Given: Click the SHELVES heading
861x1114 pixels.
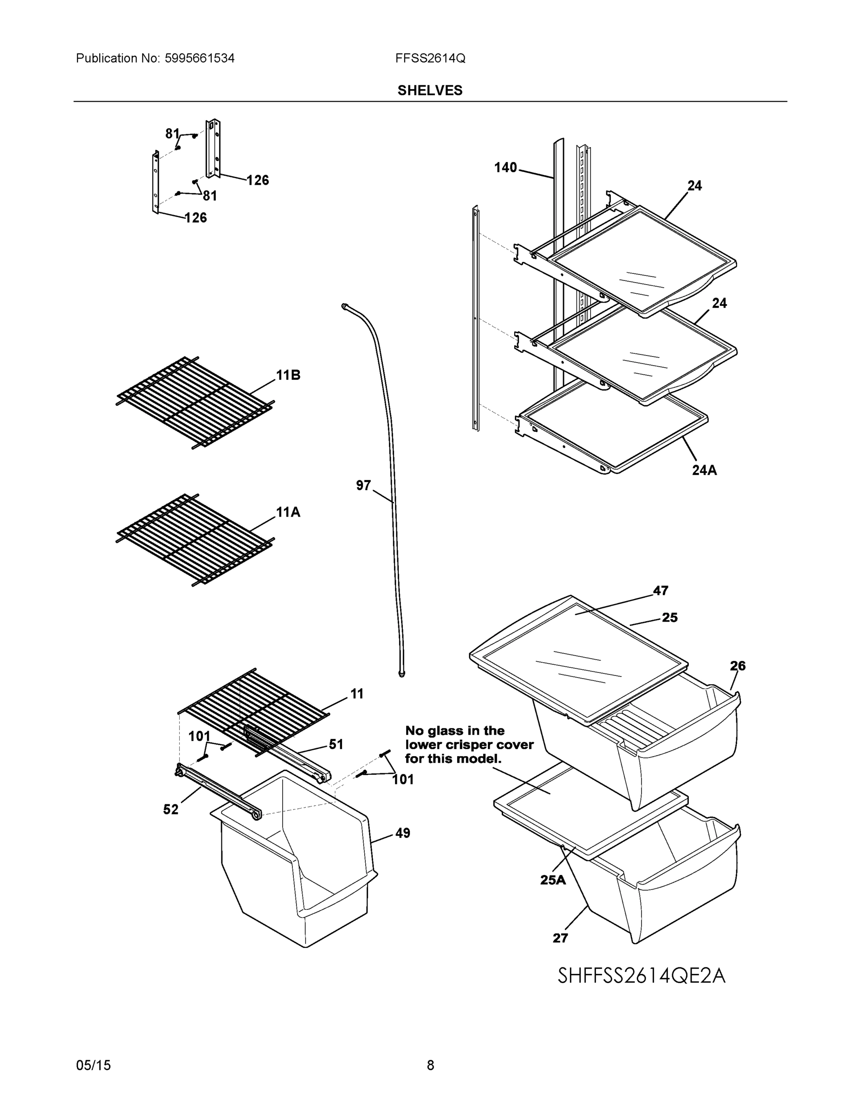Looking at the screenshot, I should click(429, 91).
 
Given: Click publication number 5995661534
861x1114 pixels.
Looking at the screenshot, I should click(200, 58).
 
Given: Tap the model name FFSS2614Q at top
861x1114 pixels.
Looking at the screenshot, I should click(429, 58).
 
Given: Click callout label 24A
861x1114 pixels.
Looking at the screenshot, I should click(704, 470).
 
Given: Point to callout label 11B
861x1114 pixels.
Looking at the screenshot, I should click(288, 376).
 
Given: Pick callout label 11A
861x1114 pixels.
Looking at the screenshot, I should click(288, 512).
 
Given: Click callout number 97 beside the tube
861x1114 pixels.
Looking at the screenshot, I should click(363, 486).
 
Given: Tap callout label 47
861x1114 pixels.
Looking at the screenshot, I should click(660, 591).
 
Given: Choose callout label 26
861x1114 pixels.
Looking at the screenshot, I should click(738, 666).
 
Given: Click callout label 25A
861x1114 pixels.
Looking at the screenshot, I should click(553, 880).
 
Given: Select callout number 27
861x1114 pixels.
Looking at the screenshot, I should click(560, 938).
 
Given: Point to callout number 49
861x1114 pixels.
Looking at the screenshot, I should click(402, 833).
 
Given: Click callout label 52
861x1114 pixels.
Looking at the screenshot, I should click(171, 810).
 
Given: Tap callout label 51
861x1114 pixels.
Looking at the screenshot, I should click(336, 745).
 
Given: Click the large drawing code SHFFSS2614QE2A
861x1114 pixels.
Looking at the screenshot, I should click(641, 976).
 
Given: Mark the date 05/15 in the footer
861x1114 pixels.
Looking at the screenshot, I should click(93, 1065).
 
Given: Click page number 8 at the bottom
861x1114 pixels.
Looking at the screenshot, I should click(430, 1065).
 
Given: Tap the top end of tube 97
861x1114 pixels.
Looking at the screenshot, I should click(345, 305).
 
